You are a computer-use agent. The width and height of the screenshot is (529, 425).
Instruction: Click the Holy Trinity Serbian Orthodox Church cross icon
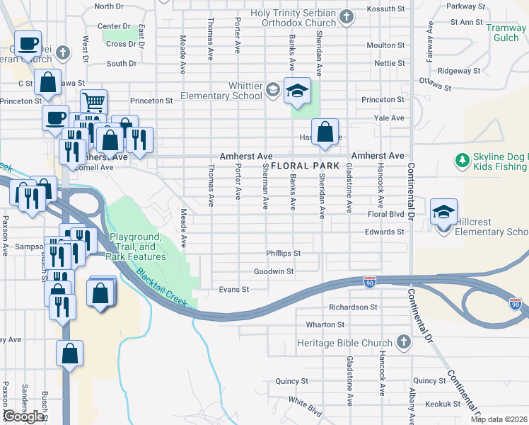346,16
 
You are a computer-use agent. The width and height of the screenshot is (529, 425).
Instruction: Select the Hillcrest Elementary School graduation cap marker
443,212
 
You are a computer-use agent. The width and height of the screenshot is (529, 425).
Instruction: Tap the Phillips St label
283,253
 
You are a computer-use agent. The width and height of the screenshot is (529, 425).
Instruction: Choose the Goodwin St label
273,271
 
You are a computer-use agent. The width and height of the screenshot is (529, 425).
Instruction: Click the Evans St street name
234,290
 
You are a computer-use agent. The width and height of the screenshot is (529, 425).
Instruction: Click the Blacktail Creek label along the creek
162,286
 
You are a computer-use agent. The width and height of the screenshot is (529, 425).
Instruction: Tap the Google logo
23,416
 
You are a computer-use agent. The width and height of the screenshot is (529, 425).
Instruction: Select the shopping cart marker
93,103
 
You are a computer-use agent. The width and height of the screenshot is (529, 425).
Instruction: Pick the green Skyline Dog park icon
463,161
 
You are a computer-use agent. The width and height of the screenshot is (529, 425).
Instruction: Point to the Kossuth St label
385,8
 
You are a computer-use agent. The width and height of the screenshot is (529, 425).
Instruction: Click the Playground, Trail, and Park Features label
136,246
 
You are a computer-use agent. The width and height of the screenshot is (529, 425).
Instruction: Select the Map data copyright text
499,419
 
